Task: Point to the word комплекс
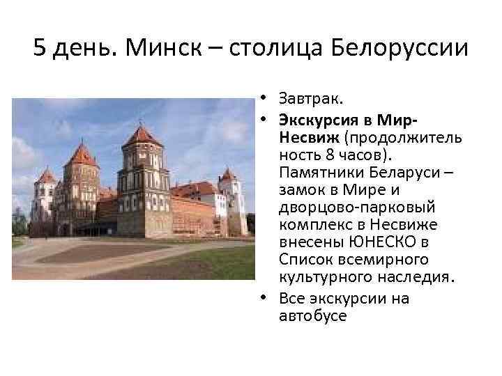(x=311, y=225)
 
